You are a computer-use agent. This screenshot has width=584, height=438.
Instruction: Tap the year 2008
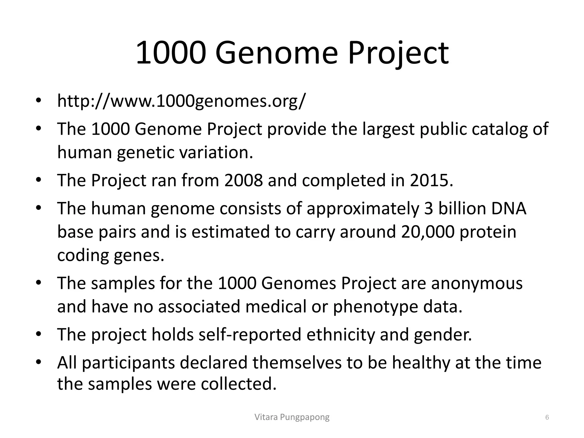pos(244,180)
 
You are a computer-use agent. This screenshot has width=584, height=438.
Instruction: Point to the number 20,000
pos(427,232)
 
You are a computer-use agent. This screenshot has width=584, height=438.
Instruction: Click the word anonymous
pos(477,283)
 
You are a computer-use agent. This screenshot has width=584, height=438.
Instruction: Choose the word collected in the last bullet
pos(238,384)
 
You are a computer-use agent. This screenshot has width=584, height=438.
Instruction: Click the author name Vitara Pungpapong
pos(292,417)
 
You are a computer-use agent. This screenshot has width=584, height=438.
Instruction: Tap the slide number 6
pos(547,417)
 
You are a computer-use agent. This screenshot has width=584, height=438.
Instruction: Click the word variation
pos(216,152)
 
